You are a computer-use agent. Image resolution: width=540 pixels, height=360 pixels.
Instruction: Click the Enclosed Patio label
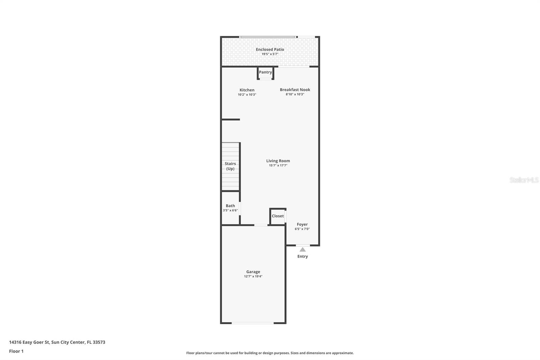[270, 49]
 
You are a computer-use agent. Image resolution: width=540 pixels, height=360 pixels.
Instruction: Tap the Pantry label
[265, 72]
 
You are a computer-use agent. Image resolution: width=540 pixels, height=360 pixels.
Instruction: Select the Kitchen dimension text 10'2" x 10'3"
[247, 95]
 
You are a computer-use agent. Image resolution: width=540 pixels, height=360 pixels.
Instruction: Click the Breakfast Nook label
[295, 89]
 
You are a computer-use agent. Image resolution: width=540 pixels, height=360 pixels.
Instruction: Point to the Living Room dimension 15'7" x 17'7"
[278, 165]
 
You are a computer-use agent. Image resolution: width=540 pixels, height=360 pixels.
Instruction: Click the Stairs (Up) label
[230, 166]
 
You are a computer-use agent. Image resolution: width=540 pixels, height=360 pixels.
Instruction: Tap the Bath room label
[230, 206]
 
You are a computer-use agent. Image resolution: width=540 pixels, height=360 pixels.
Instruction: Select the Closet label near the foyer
[278, 216]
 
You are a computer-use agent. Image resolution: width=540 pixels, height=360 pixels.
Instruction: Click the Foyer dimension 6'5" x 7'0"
[302, 229]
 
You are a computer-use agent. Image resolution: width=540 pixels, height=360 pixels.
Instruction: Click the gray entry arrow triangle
[302, 250]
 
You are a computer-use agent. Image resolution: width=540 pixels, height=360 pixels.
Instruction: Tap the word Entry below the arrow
[302, 256]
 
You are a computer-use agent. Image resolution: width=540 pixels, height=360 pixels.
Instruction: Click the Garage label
[253, 272]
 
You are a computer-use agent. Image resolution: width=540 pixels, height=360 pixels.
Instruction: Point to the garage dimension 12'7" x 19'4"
[253, 276]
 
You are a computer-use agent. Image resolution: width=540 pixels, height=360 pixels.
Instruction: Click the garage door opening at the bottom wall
[252, 323]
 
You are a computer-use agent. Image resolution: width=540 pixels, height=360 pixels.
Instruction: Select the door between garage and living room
[261, 225]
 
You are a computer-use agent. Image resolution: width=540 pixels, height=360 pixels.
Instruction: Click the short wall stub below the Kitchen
[231, 119]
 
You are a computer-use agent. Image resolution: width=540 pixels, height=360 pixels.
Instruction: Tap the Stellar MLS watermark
[524, 180]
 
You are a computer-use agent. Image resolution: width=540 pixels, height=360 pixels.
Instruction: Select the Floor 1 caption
[16, 351]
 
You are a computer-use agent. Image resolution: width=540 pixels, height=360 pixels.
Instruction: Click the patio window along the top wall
[268, 37]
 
